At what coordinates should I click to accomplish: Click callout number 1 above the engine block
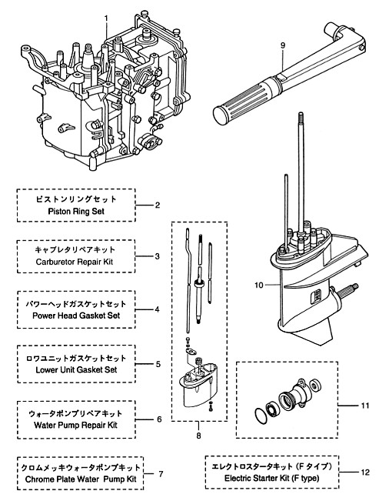pyautogui.click(x=106, y=18)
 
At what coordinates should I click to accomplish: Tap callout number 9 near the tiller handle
pyautogui.click(x=283, y=45)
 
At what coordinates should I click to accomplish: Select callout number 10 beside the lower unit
pyautogui.click(x=259, y=285)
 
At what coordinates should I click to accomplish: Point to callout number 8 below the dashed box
pyautogui.click(x=198, y=436)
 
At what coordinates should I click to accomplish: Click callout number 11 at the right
pyautogui.click(x=365, y=406)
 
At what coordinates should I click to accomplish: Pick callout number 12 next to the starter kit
pyautogui.click(x=365, y=473)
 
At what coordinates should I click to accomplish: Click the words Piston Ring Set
pyautogui.click(x=76, y=211)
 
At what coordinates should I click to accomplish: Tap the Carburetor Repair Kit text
pyautogui.click(x=75, y=262)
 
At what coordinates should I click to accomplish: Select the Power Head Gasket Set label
pyautogui.click(x=76, y=316)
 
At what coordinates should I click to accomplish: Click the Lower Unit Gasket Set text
pyautogui.click(x=76, y=369)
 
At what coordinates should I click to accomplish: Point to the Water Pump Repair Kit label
pyautogui.click(x=75, y=426)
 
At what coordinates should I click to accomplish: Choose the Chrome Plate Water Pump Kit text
pyautogui.click(x=81, y=479)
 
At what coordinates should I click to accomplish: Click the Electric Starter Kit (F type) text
pyautogui.click(x=272, y=479)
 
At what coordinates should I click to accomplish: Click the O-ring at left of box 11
pyautogui.click(x=261, y=416)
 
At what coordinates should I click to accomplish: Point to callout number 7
pyautogui.click(x=161, y=474)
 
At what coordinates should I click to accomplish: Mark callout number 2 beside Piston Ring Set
pyautogui.click(x=158, y=205)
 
